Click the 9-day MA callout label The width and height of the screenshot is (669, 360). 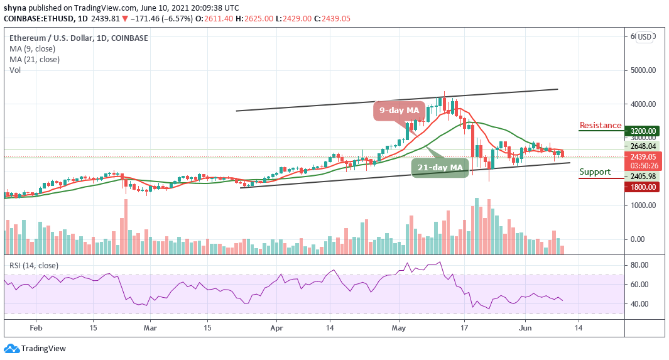[397, 111]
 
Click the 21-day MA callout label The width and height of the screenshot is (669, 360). [440, 168]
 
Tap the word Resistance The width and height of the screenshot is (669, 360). [600, 126]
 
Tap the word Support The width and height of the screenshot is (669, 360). [594, 172]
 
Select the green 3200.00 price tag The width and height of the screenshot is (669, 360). [643, 131]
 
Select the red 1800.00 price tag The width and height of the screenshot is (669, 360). [643, 187]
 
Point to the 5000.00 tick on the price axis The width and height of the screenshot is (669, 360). [643, 70]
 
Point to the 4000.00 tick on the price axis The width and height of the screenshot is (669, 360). [643, 104]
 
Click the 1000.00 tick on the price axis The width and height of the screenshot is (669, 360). [643, 205]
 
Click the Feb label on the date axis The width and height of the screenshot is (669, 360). [36, 327]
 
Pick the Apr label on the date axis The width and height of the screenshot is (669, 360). [276, 327]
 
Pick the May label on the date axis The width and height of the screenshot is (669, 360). [399, 327]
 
